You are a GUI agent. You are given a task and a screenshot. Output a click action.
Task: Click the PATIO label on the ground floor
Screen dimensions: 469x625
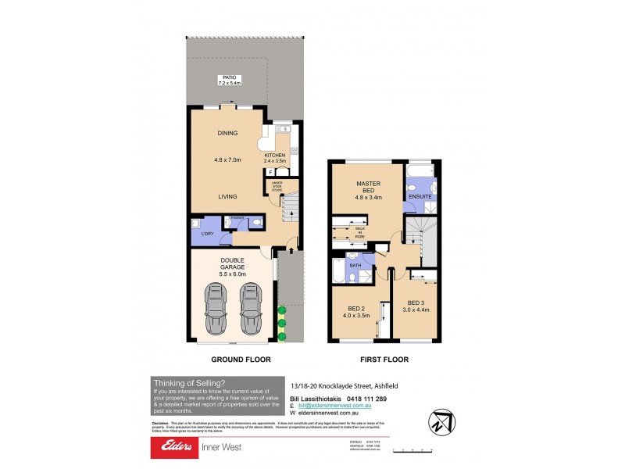pyautogui.click(x=229, y=77)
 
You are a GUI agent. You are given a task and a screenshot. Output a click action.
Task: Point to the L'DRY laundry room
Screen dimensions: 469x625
pyautogui.click(x=207, y=233)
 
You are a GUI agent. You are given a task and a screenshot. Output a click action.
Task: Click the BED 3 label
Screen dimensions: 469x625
pyautogui.click(x=417, y=303)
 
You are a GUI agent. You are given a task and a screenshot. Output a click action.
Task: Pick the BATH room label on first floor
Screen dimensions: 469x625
pyautogui.click(x=355, y=266)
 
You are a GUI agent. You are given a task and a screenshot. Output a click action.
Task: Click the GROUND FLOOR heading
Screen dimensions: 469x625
pyautogui.click(x=241, y=360)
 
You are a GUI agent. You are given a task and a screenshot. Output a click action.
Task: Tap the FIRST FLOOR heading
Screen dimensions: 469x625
pyautogui.click(x=384, y=360)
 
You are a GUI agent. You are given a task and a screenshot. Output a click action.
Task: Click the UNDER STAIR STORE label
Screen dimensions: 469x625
pyautogui.click(x=277, y=185)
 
